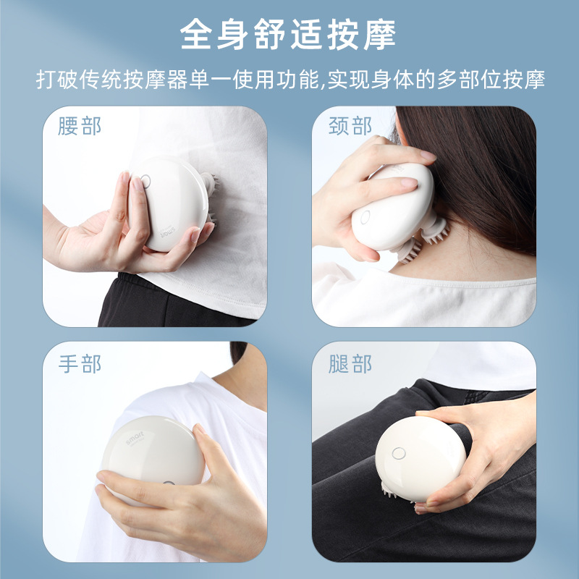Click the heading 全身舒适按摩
[288, 34]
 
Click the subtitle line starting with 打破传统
[290, 79]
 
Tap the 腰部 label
[80, 126]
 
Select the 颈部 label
[350, 126]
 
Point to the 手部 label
[80, 364]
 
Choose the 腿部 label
[350, 364]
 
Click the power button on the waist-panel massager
[145, 182]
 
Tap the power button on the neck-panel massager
[365, 217]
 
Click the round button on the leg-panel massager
[399, 454]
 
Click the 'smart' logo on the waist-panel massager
[168, 232]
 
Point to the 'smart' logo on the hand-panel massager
[135, 438]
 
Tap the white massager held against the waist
[169, 204]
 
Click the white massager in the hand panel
[152, 458]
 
